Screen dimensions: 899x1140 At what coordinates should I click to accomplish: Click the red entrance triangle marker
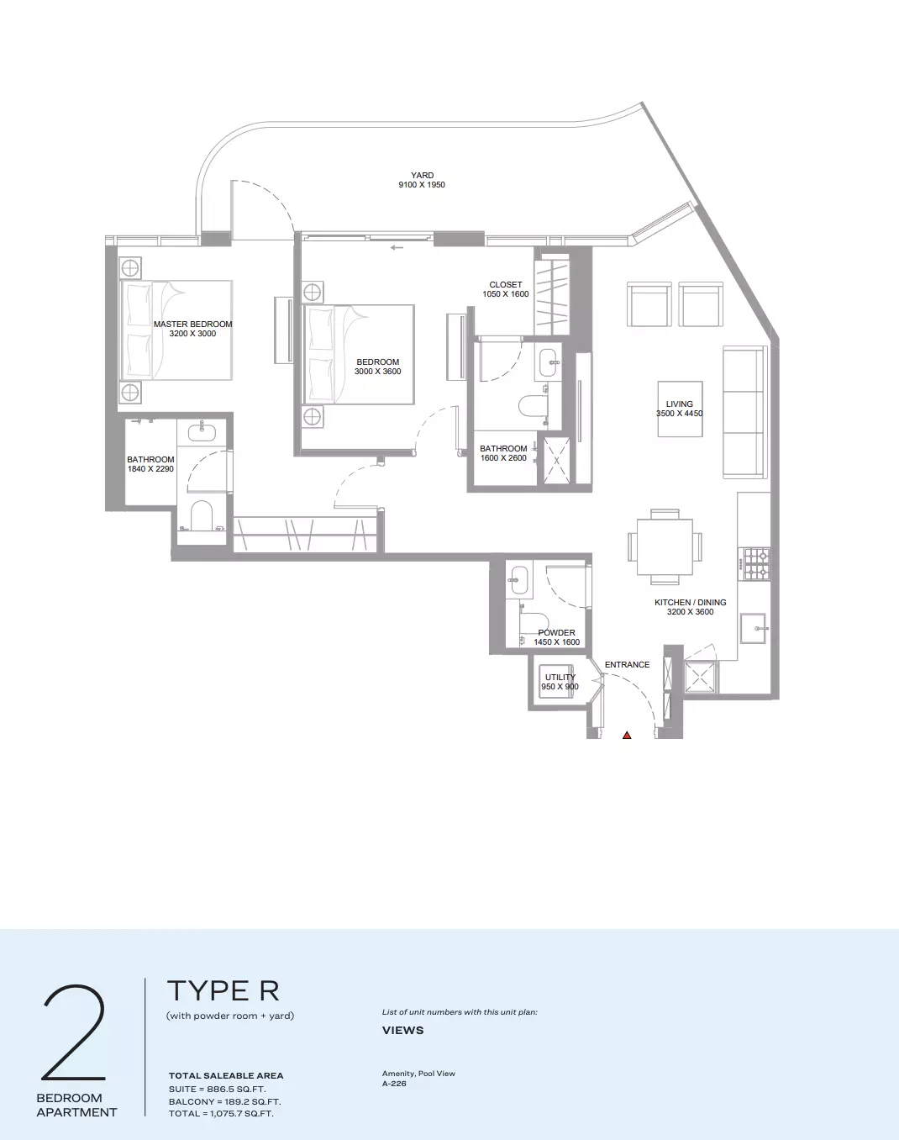pos(627,735)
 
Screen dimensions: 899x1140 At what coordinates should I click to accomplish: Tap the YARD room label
pos(422,176)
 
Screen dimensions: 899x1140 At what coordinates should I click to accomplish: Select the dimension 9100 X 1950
pos(422,185)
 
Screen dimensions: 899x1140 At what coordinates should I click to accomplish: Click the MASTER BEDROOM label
pos(192,325)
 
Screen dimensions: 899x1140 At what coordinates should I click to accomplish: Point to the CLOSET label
pos(506,285)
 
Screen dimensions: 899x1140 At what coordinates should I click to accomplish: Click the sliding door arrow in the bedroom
pos(397,247)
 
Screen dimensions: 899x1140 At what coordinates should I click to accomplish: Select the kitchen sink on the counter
pos(753,628)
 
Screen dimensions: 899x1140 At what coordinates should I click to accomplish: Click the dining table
pos(665,546)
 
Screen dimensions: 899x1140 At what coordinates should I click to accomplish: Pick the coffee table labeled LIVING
pos(681,409)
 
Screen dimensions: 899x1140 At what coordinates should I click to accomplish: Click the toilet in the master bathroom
pos(201,515)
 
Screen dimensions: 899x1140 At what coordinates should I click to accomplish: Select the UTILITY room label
pos(560,678)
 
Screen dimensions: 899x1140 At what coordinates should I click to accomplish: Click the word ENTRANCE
pos(627,665)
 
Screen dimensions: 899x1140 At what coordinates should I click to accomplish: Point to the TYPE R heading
pos(223,990)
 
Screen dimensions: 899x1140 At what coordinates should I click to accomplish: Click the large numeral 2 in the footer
pos(74,1032)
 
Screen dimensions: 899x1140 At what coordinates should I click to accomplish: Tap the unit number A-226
pos(394,1084)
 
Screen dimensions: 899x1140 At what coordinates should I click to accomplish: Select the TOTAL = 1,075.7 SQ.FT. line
pos(221,1113)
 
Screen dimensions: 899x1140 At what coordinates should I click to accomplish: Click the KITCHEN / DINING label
pos(691,602)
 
